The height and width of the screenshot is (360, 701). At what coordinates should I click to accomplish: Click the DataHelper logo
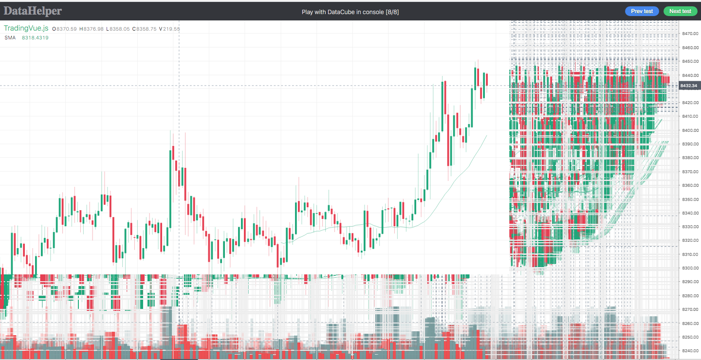[x=33, y=11]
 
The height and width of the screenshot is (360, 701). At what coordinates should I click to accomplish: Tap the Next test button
[x=680, y=11]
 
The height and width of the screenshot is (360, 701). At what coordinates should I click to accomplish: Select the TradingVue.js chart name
[x=26, y=29]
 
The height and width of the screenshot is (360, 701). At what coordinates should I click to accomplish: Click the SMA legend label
[x=10, y=37]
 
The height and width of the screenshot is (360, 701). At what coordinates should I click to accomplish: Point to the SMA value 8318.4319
[x=35, y=37]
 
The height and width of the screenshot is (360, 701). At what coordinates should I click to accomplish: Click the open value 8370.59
[x=67, y=29]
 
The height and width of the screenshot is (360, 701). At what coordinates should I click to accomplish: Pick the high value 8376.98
[x=93, y=29]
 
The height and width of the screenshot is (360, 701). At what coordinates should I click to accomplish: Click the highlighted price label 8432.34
[x=688, y=86]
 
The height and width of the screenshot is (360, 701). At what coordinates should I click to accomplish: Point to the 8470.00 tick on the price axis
[x=690, y=34]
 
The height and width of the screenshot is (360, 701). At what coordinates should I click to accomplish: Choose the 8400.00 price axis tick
[x=690, y=130]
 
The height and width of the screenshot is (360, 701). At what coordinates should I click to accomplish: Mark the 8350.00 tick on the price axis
[x=690, y=199]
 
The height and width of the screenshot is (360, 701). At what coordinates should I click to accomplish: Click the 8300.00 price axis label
[x=690, y=268]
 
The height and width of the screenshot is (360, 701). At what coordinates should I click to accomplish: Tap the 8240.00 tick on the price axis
[x=690, y=350]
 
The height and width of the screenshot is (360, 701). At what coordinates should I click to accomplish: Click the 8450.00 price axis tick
[x=690, y=61]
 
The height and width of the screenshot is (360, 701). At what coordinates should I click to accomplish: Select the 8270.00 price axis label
[x=690, y=309]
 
